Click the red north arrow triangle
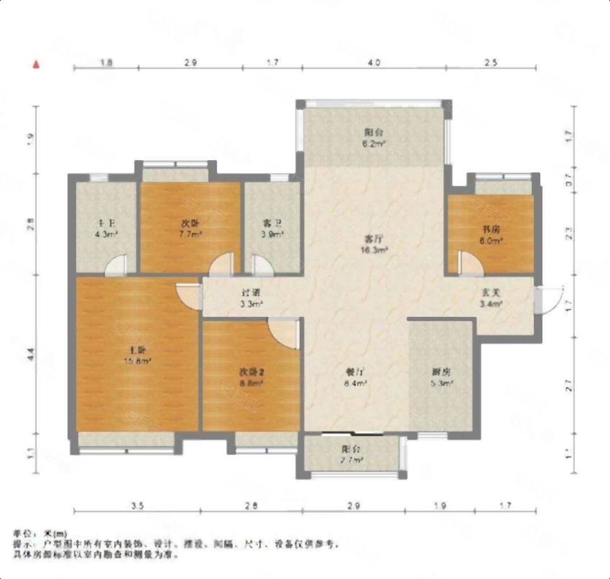click(x=36, y=64)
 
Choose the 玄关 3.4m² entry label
click(x=491, y=298)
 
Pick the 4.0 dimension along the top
click(x=373, y=62)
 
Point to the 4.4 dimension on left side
click(x=31, y=355)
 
